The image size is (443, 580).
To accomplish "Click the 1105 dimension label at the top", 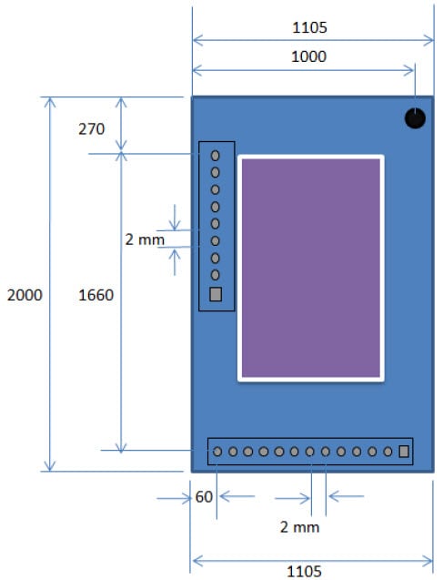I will (309, 27).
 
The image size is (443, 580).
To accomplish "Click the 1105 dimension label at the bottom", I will (304, 571).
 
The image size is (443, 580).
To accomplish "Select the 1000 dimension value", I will (309, 56).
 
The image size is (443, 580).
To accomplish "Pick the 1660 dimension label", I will (96, 295).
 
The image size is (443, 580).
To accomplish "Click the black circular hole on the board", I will (415, 118).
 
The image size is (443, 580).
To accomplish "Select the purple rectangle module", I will (310, 267).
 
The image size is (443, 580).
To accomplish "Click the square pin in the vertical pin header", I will (216, 294).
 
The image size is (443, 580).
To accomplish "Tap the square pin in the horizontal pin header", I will (404, 451).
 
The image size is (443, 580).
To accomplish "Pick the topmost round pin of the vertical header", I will (216, 156).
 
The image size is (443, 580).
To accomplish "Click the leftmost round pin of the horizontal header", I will (217, 451).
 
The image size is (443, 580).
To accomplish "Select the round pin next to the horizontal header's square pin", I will (388, 451).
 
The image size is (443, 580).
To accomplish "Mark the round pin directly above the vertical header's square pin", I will (216, 275).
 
